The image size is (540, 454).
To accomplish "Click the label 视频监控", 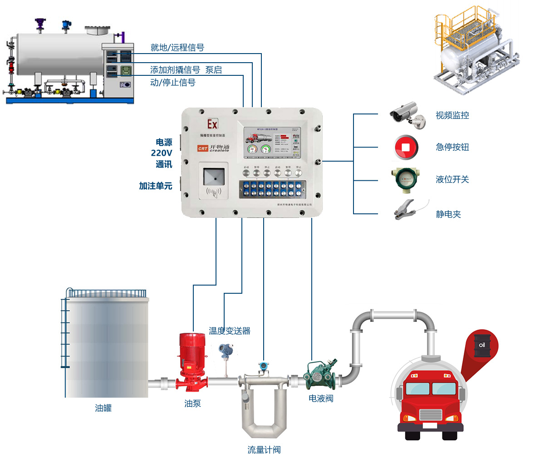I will [452, 115].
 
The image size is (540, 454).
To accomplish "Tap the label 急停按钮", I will [452, 147].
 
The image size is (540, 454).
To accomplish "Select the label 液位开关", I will [452, 179].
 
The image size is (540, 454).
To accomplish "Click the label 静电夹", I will [448, 214].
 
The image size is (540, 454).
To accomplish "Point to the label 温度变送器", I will [230, 331].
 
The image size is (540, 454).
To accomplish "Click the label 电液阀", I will [321, 399].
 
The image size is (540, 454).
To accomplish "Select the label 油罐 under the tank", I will [103, 408].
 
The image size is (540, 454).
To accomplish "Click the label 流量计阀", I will [264, 450].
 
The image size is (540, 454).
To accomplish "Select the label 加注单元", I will [155, 186].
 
